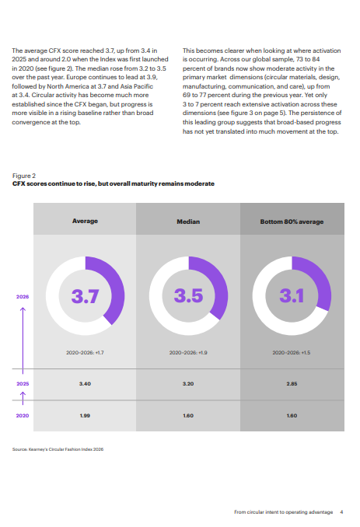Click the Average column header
click(85, 221)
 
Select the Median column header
click(188, 222)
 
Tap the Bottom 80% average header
click(292, 222)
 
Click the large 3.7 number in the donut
click(85, 296)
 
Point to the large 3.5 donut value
click(189, 295)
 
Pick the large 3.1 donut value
click(292, 295)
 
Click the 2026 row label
click(23, 297)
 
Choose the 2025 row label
click(23, 384)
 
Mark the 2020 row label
click(23, 416)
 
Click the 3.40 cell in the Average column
click(85, 384)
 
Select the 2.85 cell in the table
click(292, 384)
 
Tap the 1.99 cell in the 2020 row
click(85, 416)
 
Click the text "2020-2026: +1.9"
click(188, 353)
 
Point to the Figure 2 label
click(24, 176)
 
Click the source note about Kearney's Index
click(58, 449)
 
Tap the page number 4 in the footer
click(341, 512)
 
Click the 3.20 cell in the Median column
click(188, 384)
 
